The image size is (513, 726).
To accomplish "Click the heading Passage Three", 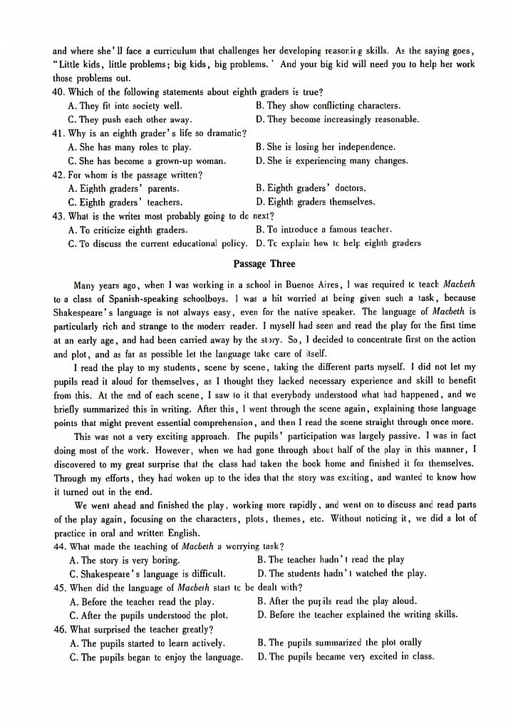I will tap(259, 264).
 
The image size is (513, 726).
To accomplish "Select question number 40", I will tap(59, 92).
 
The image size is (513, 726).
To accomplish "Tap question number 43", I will tap(59, 216).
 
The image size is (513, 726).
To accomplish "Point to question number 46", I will tap(60, 629).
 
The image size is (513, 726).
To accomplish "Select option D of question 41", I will tap(331, 161).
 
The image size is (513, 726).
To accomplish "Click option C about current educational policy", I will tap(157, 244).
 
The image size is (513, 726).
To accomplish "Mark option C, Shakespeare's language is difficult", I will tap(147, 573).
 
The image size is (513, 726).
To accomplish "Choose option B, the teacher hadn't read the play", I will tap(331, 560).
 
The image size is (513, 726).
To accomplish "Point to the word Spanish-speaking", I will tap(133, 298).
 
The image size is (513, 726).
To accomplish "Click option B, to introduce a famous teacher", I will tap(323, 230).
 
